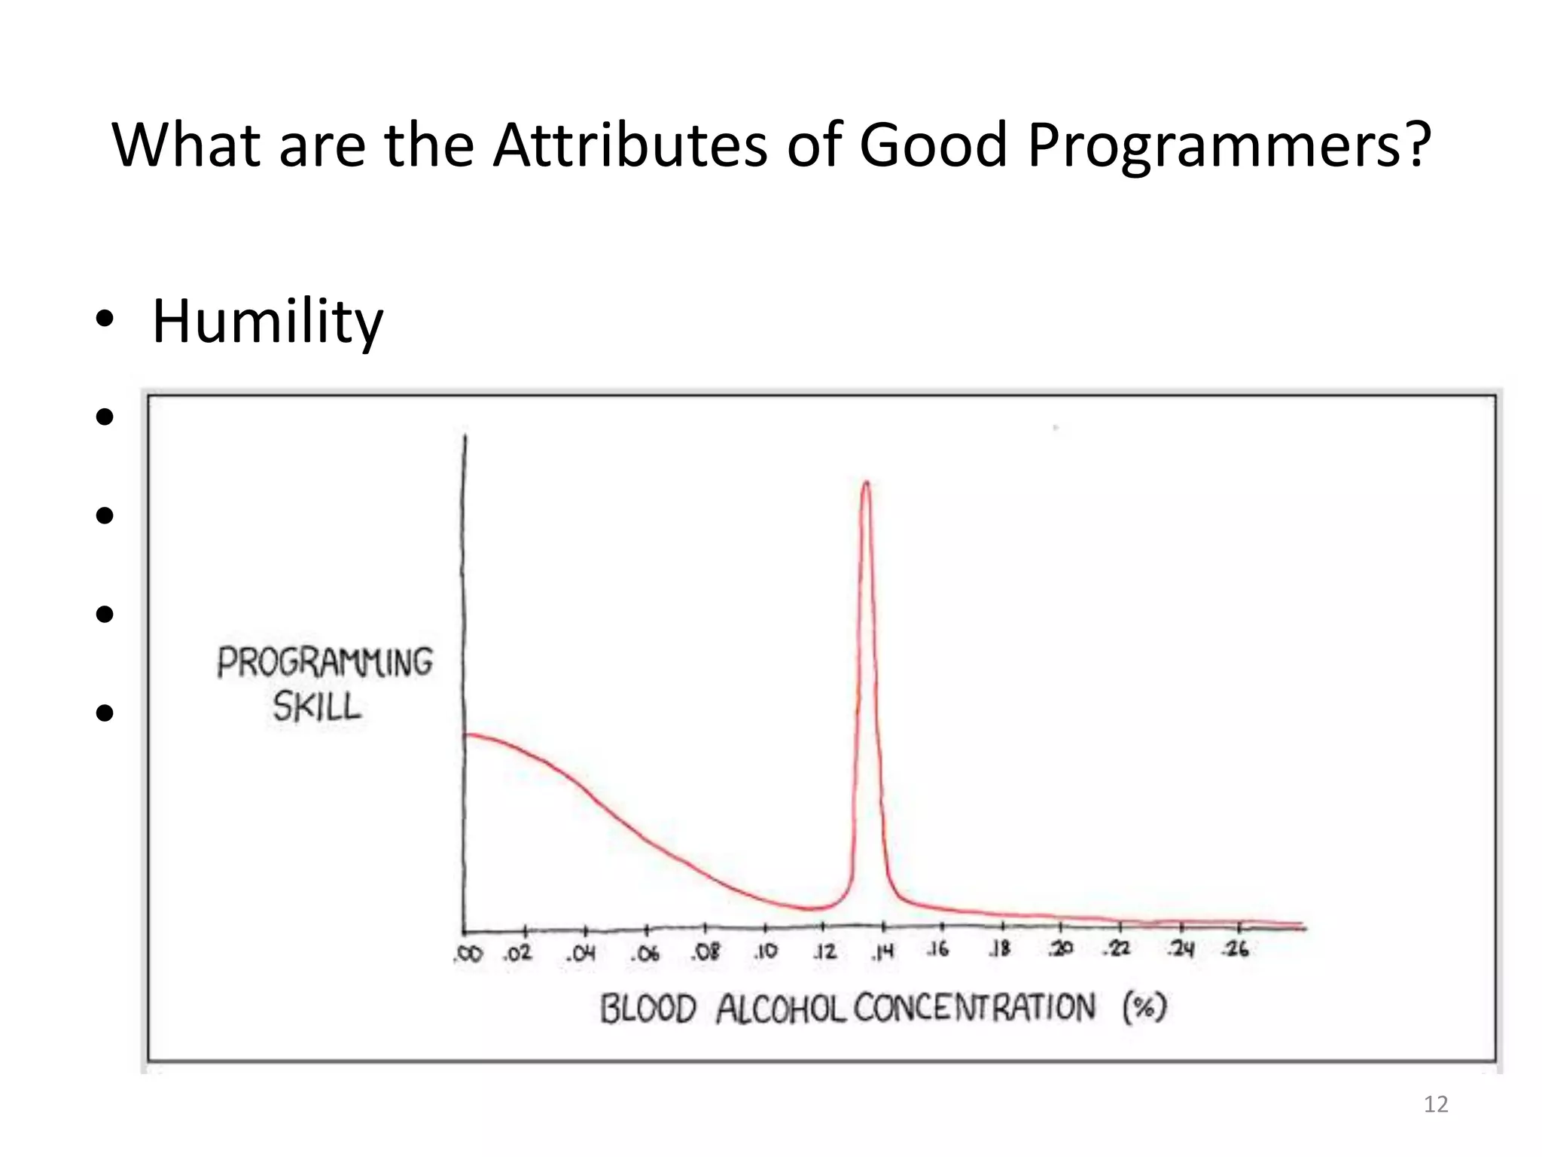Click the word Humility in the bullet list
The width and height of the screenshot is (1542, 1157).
coord(267,322)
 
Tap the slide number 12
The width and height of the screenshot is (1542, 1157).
coord(1436,1104)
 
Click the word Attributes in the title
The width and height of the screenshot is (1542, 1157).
coord(629,145)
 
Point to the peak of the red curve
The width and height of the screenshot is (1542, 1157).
coord(866,484)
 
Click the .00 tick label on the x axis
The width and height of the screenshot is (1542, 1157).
coord(468,954)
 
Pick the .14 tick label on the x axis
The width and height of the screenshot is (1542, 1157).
coord(882,953)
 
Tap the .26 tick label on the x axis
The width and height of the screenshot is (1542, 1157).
coord(1236,949)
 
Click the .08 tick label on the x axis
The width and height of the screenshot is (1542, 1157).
coord(705,952)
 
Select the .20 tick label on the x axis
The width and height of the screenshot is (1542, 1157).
coord(1060,949)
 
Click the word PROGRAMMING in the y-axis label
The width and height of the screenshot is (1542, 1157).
coord(325,663)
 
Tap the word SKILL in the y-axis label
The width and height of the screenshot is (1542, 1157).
coord(317,707)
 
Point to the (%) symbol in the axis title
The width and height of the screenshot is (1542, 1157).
coord(1144,1007)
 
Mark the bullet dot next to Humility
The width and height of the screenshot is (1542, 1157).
coord(105,322)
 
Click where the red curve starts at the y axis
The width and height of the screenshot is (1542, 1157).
coord(466,734)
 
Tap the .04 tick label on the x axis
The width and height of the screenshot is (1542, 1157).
coord(581,954)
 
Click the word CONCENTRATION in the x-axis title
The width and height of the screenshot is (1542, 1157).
coord(974,1008)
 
